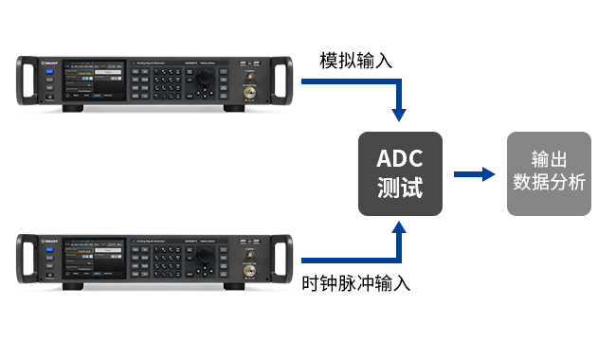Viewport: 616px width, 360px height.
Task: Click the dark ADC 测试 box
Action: pos(399,173)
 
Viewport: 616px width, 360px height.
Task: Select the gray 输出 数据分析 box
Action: pos(549,173)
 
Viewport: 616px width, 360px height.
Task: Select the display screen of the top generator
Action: pos(94,83)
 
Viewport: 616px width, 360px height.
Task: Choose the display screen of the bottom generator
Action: pos(94,256)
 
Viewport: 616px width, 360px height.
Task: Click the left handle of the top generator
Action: pos(26,82)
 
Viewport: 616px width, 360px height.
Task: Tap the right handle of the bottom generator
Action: pos(279,256)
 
